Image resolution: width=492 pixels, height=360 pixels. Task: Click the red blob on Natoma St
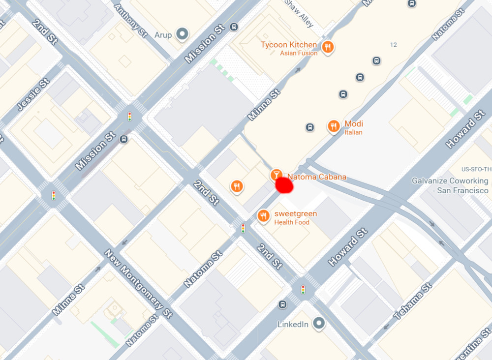coord(284,185)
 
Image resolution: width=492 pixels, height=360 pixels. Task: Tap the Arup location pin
coord(183,34)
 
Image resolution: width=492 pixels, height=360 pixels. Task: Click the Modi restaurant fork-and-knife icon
coord(334,127)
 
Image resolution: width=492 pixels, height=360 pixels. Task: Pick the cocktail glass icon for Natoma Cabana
coord(277,175)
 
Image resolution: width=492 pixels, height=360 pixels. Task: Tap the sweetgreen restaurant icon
coord(264,215)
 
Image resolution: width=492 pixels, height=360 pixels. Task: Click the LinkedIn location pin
coord(320,323)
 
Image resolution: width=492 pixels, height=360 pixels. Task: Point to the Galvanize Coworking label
coord(450,185)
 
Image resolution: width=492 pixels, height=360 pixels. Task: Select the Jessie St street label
coord(33,94)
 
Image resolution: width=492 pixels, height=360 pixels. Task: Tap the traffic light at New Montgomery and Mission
coord(54,196)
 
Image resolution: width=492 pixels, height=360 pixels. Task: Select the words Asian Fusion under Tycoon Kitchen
coord(299,53)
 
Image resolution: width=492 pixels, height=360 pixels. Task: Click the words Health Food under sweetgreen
coord(292,222)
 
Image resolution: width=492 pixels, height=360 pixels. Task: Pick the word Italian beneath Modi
coord(353,132)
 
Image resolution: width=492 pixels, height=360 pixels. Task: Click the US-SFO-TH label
coord(476,169)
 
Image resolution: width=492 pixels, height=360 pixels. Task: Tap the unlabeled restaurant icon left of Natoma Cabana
coord(237,186)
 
